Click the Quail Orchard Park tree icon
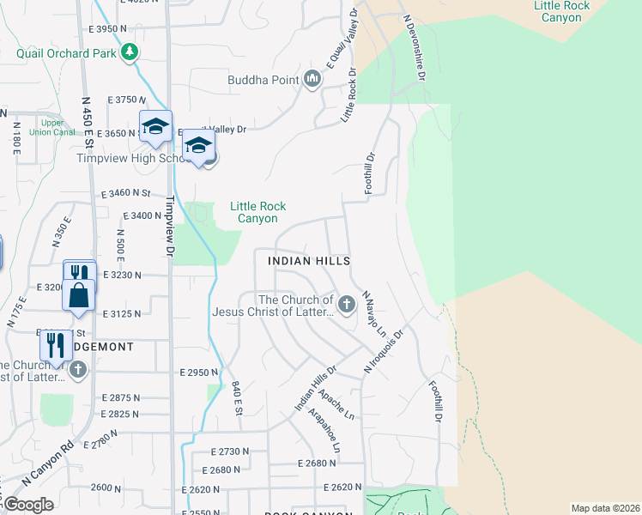(x=130, y=53)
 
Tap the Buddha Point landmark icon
(x=312, y=81)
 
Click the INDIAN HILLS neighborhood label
(x=309, y=260)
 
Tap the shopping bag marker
(x=78, y=295)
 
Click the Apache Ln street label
(x=336, y=404)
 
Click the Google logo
(x=28, y=505)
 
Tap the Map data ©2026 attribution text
(x=605, y=508)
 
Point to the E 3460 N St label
(x=125, y=195)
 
